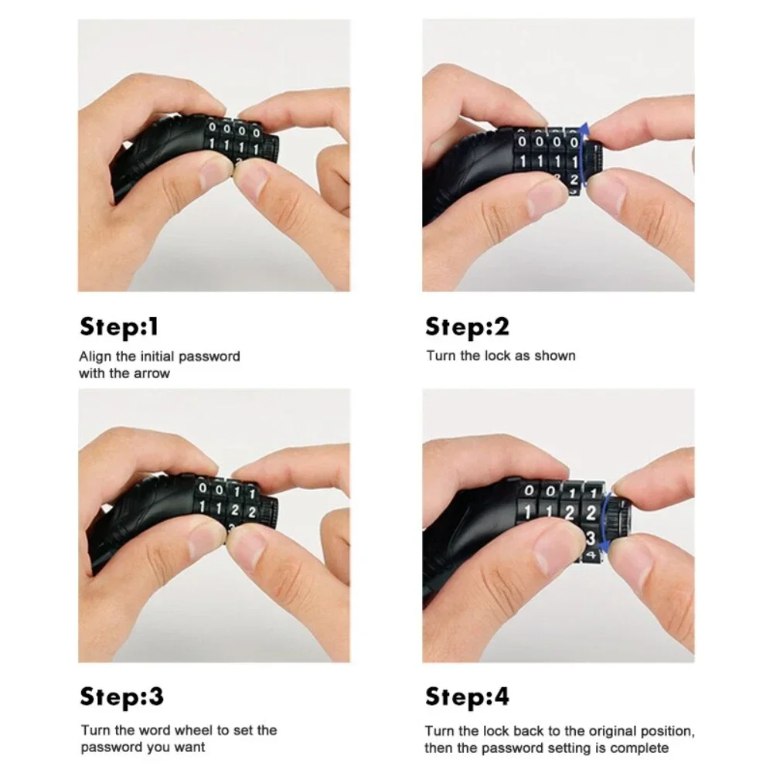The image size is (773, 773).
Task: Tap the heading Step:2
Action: (467, 327)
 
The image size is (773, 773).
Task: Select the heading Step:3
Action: (121, 697)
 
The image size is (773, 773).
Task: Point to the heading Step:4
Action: (467, 697)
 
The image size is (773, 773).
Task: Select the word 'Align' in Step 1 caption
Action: (94, 356)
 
